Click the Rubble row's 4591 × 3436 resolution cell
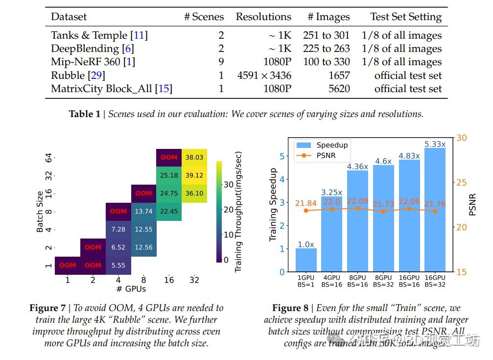[x=264, y=75]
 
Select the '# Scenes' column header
[x=204, y=17]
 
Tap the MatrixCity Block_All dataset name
[x=112, y=89]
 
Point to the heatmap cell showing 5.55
[x=118, y=265]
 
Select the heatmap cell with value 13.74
[x=144, y=211]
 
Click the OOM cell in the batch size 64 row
[x=169, y=158]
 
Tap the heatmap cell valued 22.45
[x=169, y=211]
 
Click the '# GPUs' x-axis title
[x=131, y=289]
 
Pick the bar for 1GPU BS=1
[x=306, y=260]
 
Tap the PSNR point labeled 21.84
[x=306, y=211]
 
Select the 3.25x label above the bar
[x=331, y=192]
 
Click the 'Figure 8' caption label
[x=290, y=308]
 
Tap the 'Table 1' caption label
[x=84, y=114]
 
